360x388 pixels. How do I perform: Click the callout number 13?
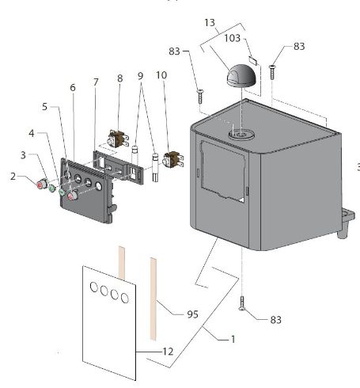click(x=210, y=23)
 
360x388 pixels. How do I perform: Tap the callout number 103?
click(x=232, y=38)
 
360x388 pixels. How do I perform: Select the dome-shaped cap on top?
click(x=241, y=75)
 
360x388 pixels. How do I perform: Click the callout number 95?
click(x=192, y=314)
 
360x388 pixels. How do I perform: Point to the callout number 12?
click(x=168, y=352)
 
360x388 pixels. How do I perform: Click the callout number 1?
click(x=233, y=339)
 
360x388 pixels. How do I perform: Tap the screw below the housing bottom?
click(x=242, y=303)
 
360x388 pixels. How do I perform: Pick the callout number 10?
click(x=161, y=75)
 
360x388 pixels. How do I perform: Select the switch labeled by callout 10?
click(x=173, y=160)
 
